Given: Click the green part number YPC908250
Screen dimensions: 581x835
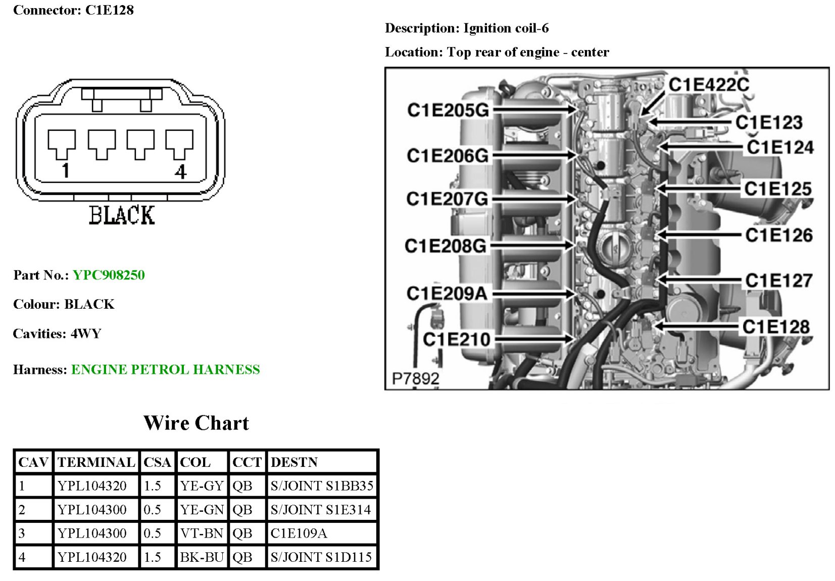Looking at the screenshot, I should point(109,275).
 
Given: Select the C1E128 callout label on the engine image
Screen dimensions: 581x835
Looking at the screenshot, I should point(776,327).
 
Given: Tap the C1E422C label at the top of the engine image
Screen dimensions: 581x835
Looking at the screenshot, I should point(709,85).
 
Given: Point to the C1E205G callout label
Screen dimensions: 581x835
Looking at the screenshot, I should point(448,110).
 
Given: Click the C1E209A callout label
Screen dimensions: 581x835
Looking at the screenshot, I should point(447,293).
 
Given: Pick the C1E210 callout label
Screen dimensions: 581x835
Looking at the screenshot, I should point(456,339).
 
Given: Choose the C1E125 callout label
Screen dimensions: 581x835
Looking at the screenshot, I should point(778,189).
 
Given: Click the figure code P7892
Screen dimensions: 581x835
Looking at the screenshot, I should point(415,378).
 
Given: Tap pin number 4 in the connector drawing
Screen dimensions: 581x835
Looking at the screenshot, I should point(180,172).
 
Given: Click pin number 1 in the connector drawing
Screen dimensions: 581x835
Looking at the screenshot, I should point(65,171).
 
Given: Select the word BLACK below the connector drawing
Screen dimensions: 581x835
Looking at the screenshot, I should point(122,215).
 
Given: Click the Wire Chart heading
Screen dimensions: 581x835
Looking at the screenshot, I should point(196,423).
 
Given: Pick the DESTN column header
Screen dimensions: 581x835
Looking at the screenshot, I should point(294,462).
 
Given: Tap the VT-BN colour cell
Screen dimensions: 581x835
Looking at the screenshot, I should point(202,533).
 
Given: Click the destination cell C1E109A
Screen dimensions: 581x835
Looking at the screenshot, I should point(299,533).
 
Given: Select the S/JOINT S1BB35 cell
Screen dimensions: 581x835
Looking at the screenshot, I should point(322,486).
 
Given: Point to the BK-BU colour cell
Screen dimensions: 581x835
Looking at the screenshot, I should point(202,557).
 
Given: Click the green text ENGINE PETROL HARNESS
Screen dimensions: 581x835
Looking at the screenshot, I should point(165,370).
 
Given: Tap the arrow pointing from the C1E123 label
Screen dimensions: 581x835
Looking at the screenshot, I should point(689,122).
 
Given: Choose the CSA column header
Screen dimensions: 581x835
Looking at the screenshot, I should point(157,462).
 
